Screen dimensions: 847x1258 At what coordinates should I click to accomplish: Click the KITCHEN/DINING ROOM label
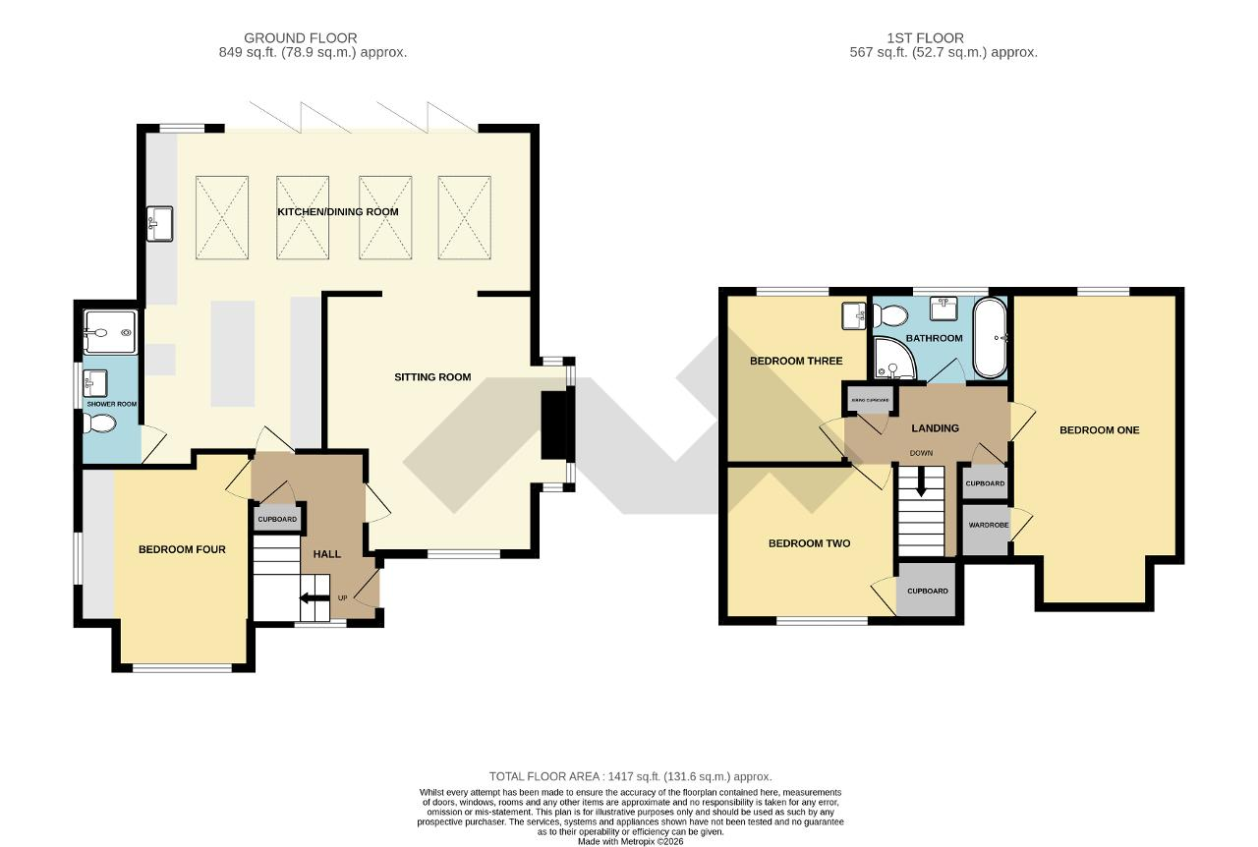click(337, 212)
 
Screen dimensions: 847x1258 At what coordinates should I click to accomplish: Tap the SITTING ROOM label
click(432, 376)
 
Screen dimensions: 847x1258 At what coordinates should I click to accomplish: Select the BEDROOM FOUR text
click(182, 549)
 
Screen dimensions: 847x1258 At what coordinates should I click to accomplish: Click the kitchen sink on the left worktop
click(159, 222)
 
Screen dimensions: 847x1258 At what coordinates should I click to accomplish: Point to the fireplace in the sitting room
click(556, 424)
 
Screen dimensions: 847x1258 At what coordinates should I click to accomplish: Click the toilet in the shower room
click(100, 423)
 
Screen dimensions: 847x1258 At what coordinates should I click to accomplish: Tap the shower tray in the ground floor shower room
click(111, 332)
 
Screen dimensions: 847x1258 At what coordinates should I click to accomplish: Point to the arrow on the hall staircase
click(314, 597)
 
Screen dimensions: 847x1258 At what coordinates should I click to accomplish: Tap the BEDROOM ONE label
click(1099, 429)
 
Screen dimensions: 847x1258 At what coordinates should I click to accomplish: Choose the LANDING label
click(935, 427)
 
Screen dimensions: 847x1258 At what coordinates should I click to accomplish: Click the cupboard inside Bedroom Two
click(927, 591)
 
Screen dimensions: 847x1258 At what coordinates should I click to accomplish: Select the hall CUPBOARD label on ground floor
click(277, 519)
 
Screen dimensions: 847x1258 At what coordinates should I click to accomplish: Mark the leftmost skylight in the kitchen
click(225, 217)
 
